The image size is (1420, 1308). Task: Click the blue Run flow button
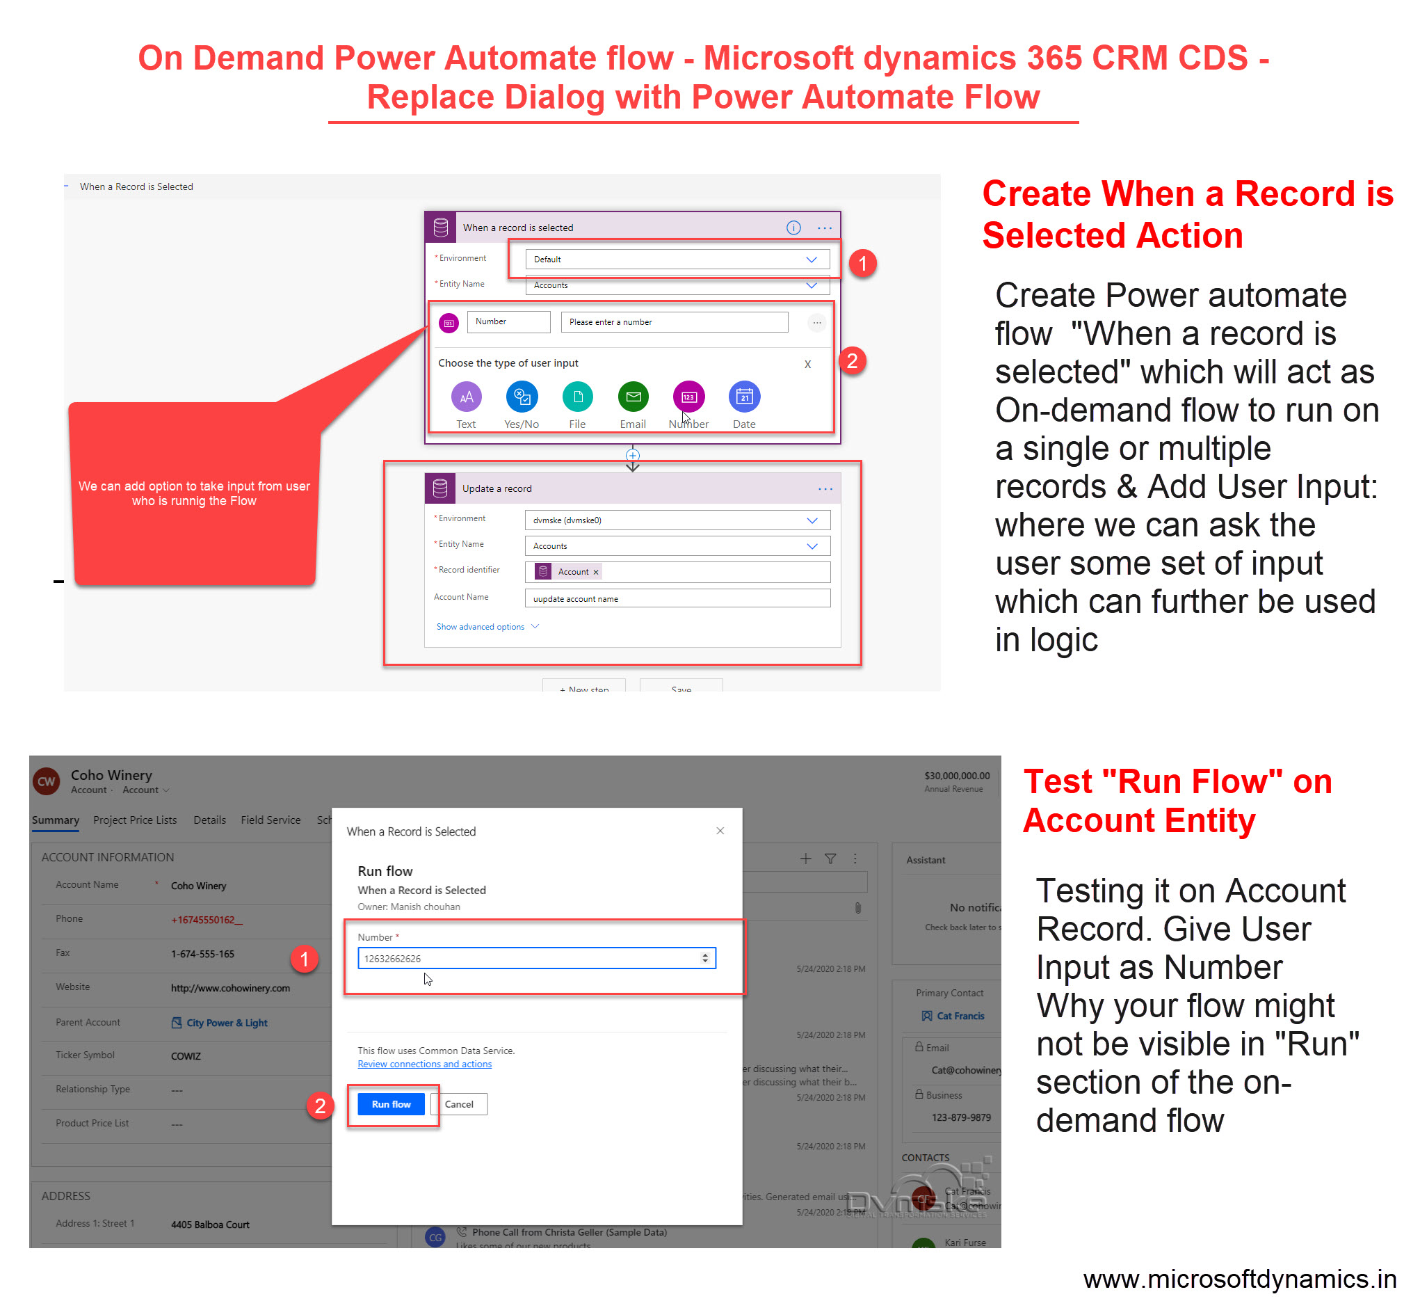[x=391, y=1103]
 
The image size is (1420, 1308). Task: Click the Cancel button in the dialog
[x=458, y=1103]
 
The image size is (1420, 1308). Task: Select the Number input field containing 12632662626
[x=531, y=957]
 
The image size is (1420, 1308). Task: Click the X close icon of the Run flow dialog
[x=720, y=830]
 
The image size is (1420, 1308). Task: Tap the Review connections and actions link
[x=423, y=1064]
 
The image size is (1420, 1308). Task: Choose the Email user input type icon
[x=633, y=397]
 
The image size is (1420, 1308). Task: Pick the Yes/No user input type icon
[x=522, y=397]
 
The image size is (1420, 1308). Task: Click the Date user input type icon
[x=743, y=397]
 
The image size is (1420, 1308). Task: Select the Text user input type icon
[x=465, y=397]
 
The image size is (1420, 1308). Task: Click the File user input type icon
[x=577, y=397]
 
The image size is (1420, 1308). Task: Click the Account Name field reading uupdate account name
[x=677, y=598]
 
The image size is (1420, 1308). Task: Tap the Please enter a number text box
[x=674, y=321]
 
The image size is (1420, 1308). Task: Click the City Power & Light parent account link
[x=227, y=1022]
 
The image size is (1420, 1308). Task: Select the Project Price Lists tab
[x=134, y=820]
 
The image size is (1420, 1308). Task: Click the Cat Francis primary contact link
[x=960, y=1015]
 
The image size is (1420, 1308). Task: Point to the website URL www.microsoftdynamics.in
[x=1239, y=1279]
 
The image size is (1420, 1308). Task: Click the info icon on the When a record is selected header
[x=793, y=228]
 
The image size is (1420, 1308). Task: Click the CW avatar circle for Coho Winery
[x=46, y=781]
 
